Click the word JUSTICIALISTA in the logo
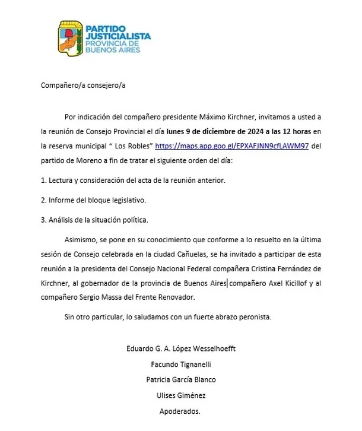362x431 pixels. click(118, 36)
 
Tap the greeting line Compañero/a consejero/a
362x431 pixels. click(83, 85)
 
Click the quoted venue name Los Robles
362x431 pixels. click(133, 145)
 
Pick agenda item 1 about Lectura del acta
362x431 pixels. click(134, 180)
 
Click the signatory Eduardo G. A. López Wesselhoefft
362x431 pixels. click(180, 348)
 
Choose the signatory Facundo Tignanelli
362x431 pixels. click(180, 364)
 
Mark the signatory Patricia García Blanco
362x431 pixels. click(180, 380)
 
